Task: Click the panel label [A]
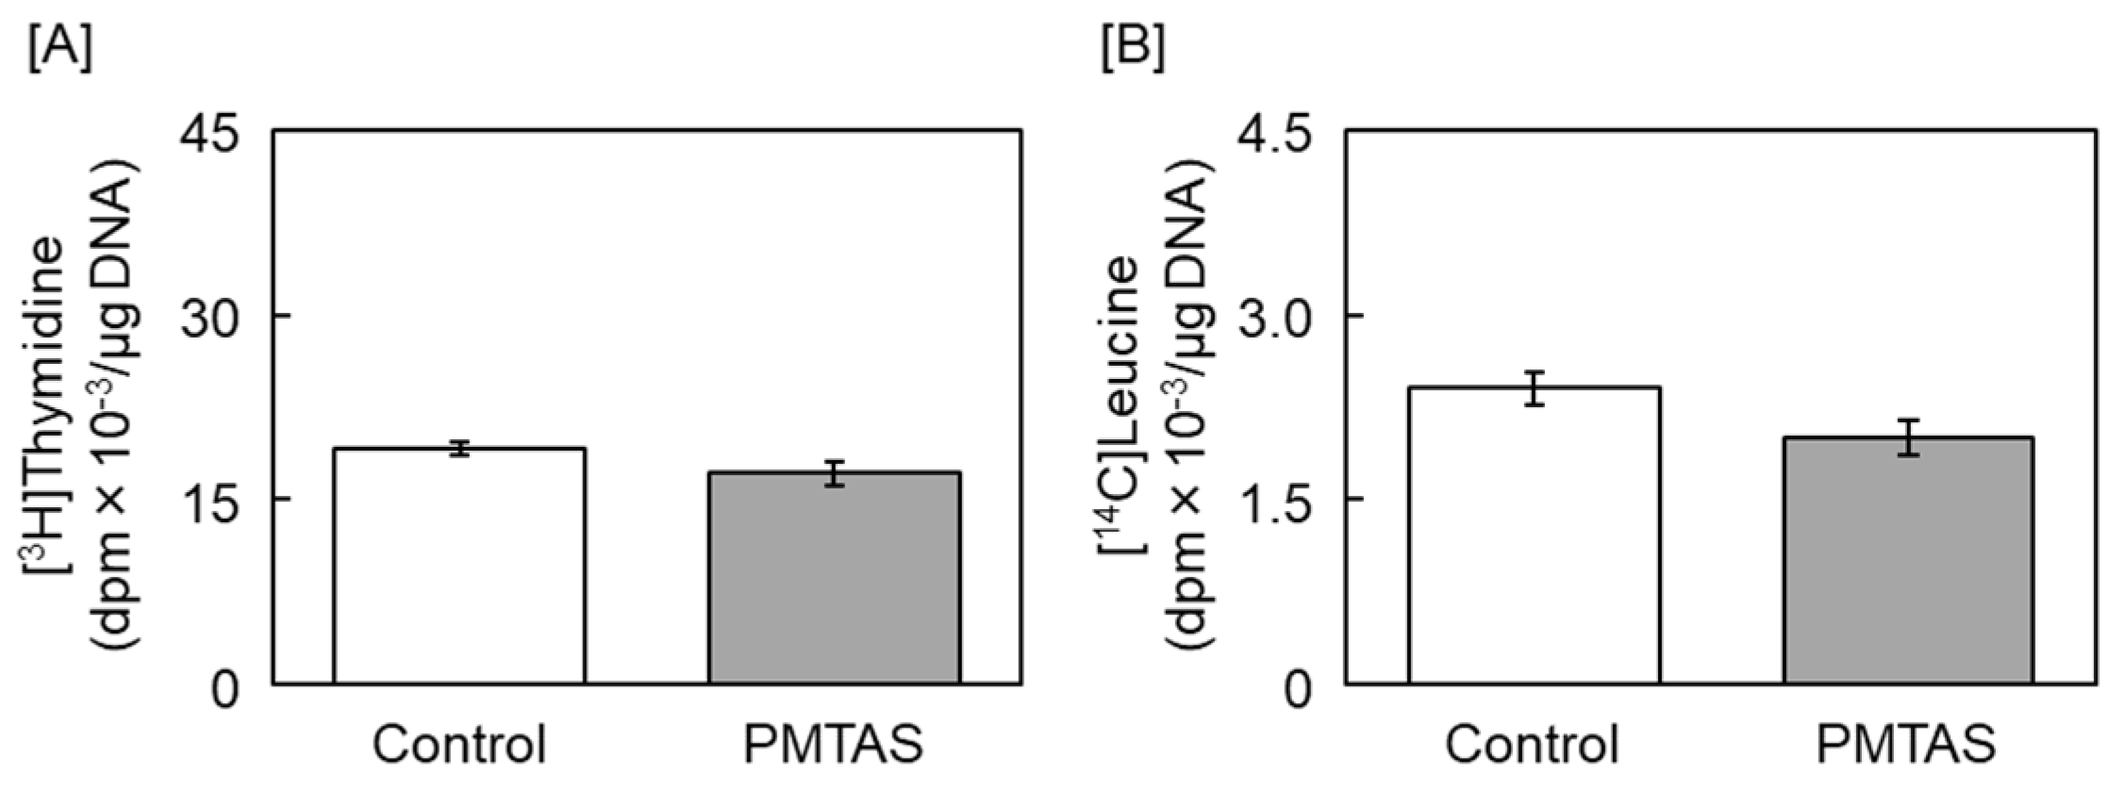[60, 49]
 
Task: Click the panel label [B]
[1133, 49]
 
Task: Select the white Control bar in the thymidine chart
[459, 566]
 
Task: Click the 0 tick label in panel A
[226, 689]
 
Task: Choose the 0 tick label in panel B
[1299, 689]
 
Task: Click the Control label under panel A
[459, 745]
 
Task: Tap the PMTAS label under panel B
[1906, 745]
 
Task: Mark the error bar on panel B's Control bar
[1535, 388]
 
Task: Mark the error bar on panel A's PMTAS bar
[835, 473]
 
